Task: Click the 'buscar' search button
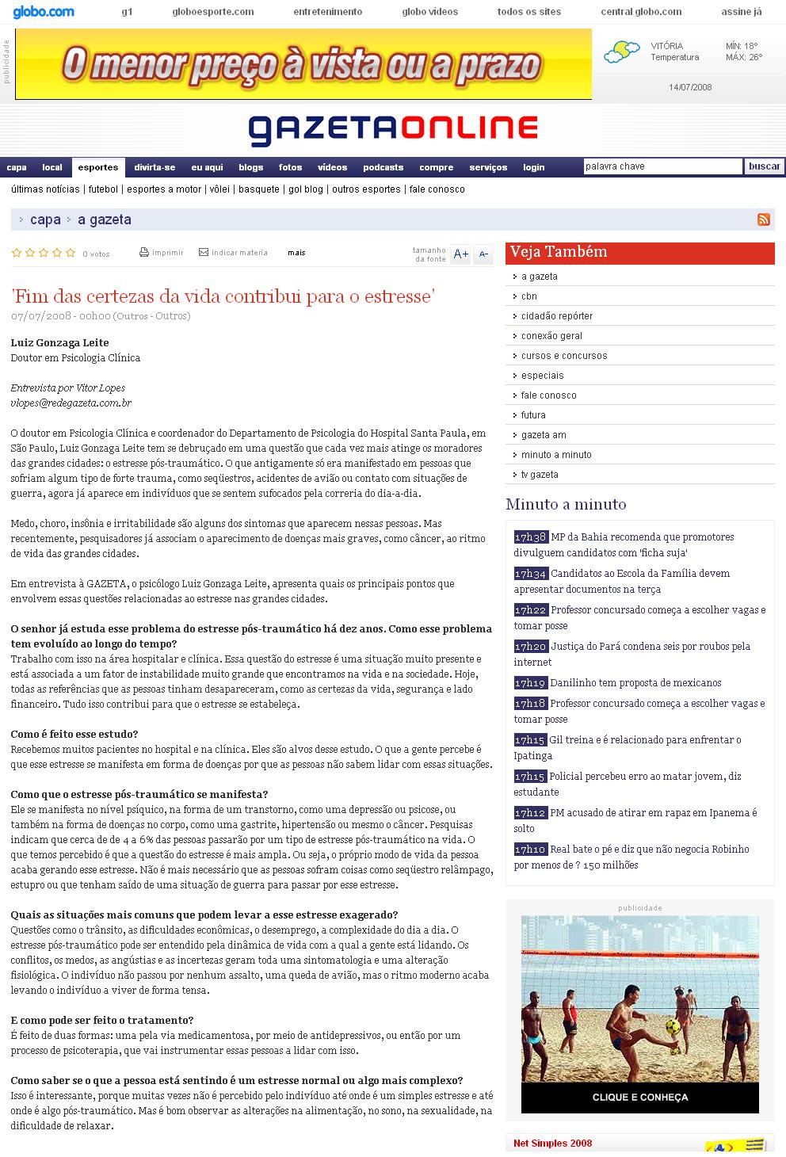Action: tap(764, 166)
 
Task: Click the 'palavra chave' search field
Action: tap(662, 166)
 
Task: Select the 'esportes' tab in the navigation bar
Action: tap(98, 167)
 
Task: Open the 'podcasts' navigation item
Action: tap(383, 167)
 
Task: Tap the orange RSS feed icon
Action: tap(764, 220)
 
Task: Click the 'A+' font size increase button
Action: tap(460, 254)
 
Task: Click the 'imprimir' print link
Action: tap(162, 253)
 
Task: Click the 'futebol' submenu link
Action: tap(103, 189)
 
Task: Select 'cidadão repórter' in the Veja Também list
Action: tap(556, 316)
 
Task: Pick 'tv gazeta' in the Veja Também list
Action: tap(540, 475)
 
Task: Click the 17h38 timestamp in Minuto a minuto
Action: tap(530, 537)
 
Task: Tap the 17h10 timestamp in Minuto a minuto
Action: tap(530, 850)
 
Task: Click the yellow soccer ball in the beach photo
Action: tap(672, 1026)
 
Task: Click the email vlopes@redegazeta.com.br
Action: tap(71, 403)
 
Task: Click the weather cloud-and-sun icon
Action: tap(621, 52)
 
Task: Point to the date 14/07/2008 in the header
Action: tap(690, 87)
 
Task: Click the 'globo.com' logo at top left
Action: tap(44, 12)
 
